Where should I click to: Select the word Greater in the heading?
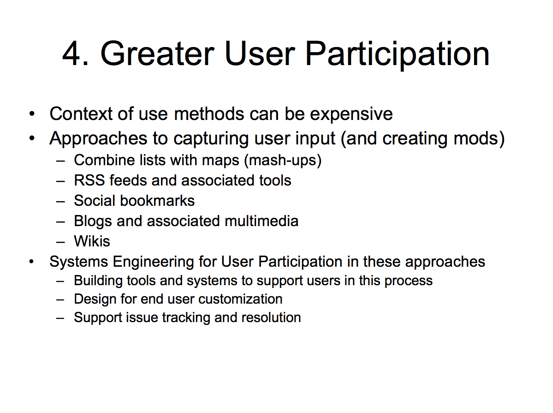157,54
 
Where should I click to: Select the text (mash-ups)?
283,160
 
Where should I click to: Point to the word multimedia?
262,221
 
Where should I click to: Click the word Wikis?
92,241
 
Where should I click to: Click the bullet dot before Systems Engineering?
32,262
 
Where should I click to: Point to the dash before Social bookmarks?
60,202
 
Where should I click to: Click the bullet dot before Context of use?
32,114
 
